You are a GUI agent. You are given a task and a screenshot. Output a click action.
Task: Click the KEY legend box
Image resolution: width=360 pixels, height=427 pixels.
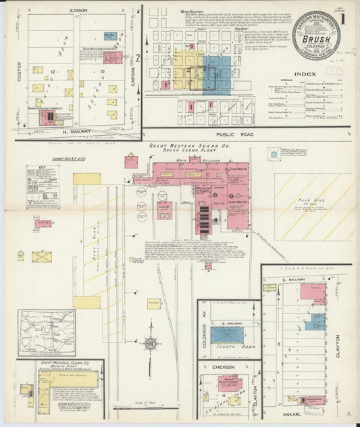(x=43, y=187)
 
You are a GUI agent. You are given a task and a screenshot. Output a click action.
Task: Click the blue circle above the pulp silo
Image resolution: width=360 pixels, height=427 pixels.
(x=273, y=154)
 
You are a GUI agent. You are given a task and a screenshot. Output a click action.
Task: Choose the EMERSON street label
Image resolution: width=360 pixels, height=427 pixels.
(x=224, y=367)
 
